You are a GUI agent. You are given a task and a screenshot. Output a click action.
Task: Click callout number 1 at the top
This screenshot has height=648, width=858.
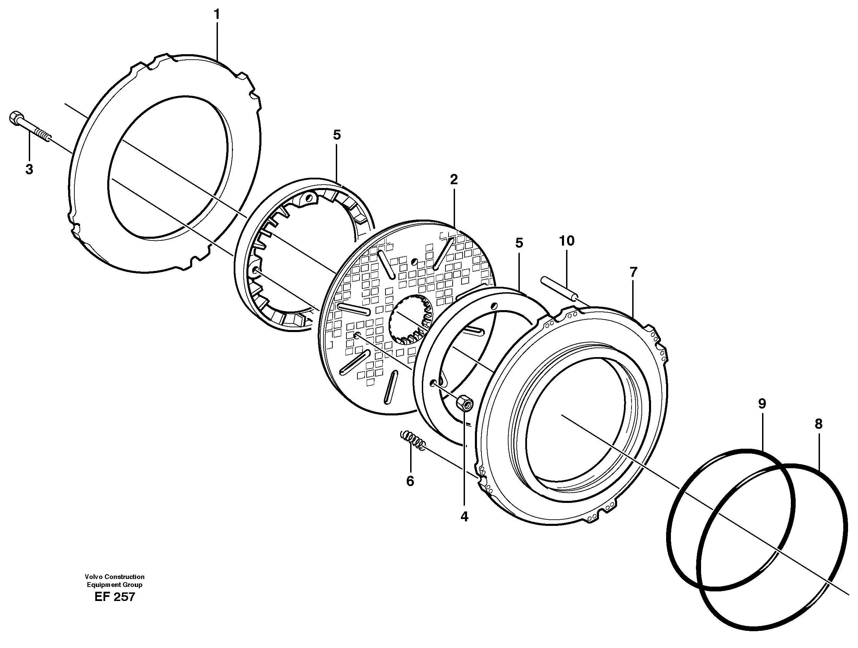pos(217,15)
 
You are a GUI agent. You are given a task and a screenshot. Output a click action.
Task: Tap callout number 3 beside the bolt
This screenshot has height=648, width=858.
pos(29,169)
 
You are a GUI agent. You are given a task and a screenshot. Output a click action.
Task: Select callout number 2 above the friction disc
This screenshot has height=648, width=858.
pos(454,179)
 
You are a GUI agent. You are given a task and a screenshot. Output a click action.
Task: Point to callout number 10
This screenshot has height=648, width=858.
pos(566,241)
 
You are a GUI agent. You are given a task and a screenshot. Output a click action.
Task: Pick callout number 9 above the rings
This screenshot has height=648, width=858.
pos(762,404)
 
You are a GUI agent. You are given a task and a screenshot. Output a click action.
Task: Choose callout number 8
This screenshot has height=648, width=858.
pos(819,424)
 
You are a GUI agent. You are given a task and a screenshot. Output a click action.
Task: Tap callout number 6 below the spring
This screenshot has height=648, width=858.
pos(410,481)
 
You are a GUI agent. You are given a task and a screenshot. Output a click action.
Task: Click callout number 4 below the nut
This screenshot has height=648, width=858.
pos(464,517)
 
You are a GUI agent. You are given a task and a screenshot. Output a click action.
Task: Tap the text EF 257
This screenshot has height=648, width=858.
pos(114,597)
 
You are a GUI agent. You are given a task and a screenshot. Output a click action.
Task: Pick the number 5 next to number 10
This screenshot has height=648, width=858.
pos(519,243)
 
